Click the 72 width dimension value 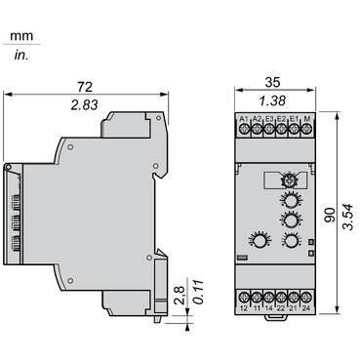coord(82,87)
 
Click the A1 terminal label coord(243,119)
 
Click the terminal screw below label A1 coord(243,132)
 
